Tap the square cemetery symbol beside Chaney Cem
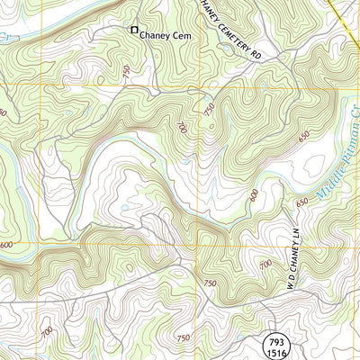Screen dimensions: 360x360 [x=134, y=30]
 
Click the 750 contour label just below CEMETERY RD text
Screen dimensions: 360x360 [x=209, y=108]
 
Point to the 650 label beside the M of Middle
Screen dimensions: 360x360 [x=301, y=201]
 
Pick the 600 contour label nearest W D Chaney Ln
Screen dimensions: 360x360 [x=255, y=193]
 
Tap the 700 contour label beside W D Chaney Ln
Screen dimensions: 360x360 [x=265, y=264]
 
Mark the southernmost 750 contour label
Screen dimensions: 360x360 [x=183, y=337]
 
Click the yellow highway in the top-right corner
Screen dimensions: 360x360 [x=346, y=11]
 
